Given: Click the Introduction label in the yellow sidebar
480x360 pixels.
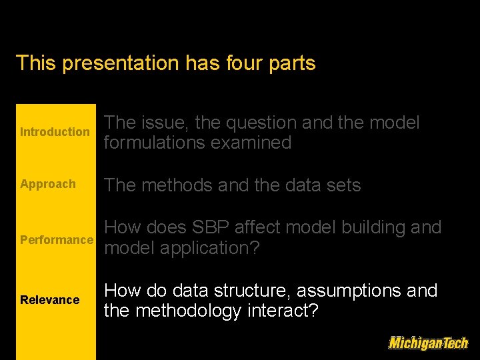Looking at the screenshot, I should pyautogui.click(x=55, y=132).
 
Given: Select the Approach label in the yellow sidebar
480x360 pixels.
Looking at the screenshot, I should pyautogui.click(x=48, y=184).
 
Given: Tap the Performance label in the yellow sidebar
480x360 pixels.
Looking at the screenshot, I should pyautogui.click(x=57, y=240).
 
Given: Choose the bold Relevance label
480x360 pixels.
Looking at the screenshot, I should pyautogui.click(x=49, y=300).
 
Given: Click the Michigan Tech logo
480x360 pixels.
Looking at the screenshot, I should pyautogui.click(x=428, y=343).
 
